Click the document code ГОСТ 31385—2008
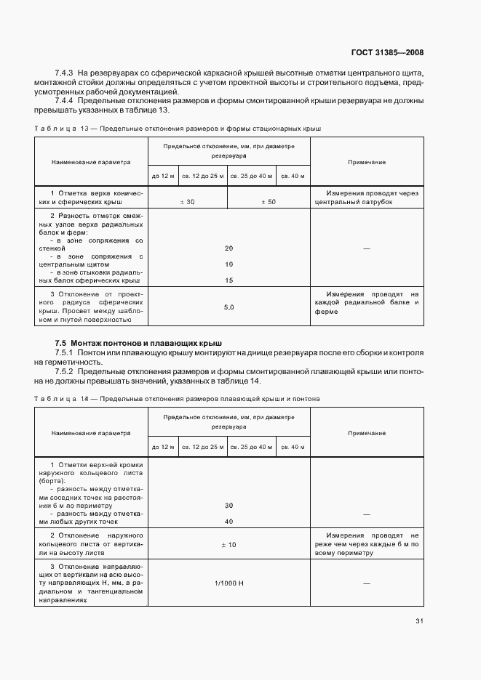386,52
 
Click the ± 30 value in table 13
186,201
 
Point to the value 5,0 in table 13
228,307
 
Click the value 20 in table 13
228,248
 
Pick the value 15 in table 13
228,280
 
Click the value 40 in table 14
228,521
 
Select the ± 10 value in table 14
228,544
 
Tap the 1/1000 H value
228,583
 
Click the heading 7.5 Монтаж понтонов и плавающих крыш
138,342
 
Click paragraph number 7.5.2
66,371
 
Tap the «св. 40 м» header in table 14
294,446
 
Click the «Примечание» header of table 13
366,162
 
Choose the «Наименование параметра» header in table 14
91,433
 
